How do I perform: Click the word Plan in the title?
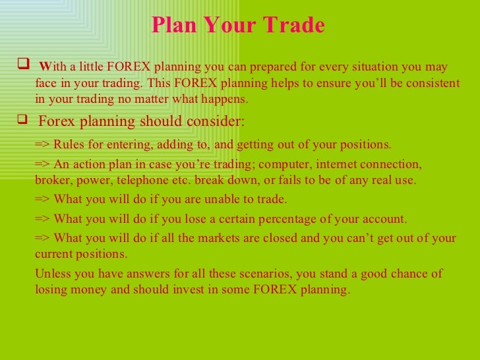(x=175, y=25)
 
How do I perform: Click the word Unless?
(x=51, y=274)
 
